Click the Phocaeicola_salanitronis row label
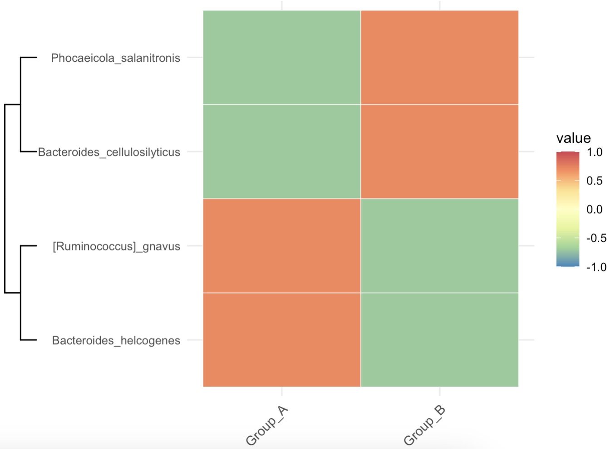point(115,58)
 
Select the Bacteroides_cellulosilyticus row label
point(109,152)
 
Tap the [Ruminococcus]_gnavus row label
point(116,246)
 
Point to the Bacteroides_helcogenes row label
point(116,340)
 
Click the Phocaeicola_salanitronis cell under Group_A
point(281,58)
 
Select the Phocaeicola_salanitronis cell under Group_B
point(439,58)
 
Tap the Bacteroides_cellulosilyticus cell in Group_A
point(281,152)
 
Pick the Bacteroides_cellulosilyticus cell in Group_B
point(439,152)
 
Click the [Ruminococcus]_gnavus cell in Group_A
point(281,246)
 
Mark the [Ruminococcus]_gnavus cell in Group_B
point(439,246)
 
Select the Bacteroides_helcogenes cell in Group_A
point(281,340)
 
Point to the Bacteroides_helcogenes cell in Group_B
point(439,340)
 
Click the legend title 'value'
point(573,138)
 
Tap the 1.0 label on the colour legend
point(594,152)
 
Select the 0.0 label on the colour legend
point(594,210)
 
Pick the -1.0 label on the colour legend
point(596,267)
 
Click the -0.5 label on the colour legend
point(596,238)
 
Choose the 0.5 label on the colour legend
point(594,181)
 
